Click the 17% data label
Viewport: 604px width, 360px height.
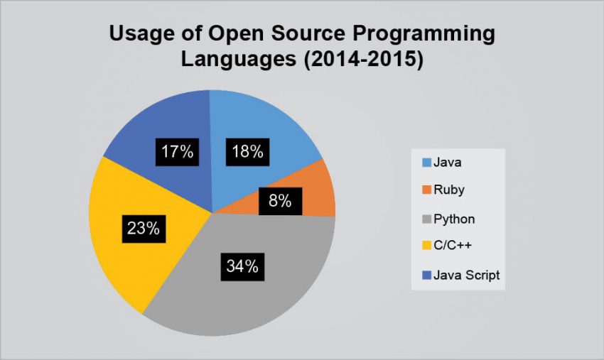pos(176,151)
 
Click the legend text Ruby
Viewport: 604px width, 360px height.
pos(448,191)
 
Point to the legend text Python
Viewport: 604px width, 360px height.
pos(453,219)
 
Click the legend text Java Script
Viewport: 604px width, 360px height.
pos(466,276)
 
